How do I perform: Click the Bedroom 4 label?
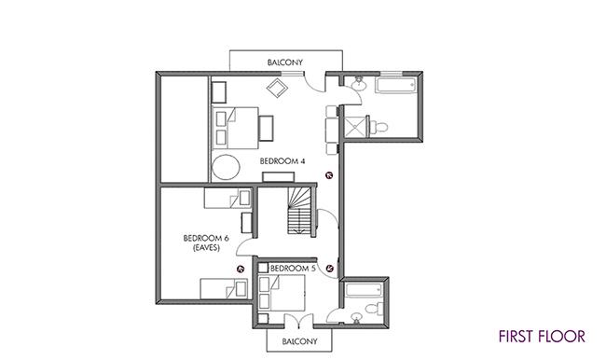(282, 160)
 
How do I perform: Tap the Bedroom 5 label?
(293, 268)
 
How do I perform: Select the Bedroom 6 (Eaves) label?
(206, 242)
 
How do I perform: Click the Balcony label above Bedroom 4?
(285, 62)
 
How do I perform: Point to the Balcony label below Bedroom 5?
(299, 341)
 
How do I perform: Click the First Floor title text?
(542, 336)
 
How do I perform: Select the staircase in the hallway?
(299, 211)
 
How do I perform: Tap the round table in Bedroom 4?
(227, 167)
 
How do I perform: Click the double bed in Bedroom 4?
(235, 128)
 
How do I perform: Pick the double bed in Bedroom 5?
(282, 293)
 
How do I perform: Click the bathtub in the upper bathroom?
(395, 85)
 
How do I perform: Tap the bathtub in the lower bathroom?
(364, 290)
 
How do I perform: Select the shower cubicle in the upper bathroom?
(355, 126)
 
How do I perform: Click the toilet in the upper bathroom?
(379, 127)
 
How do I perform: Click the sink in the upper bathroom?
(359, 83)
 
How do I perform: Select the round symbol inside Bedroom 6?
(241, 269)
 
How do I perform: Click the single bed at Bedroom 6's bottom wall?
(224, 289)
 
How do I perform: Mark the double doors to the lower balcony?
(298, 321)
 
